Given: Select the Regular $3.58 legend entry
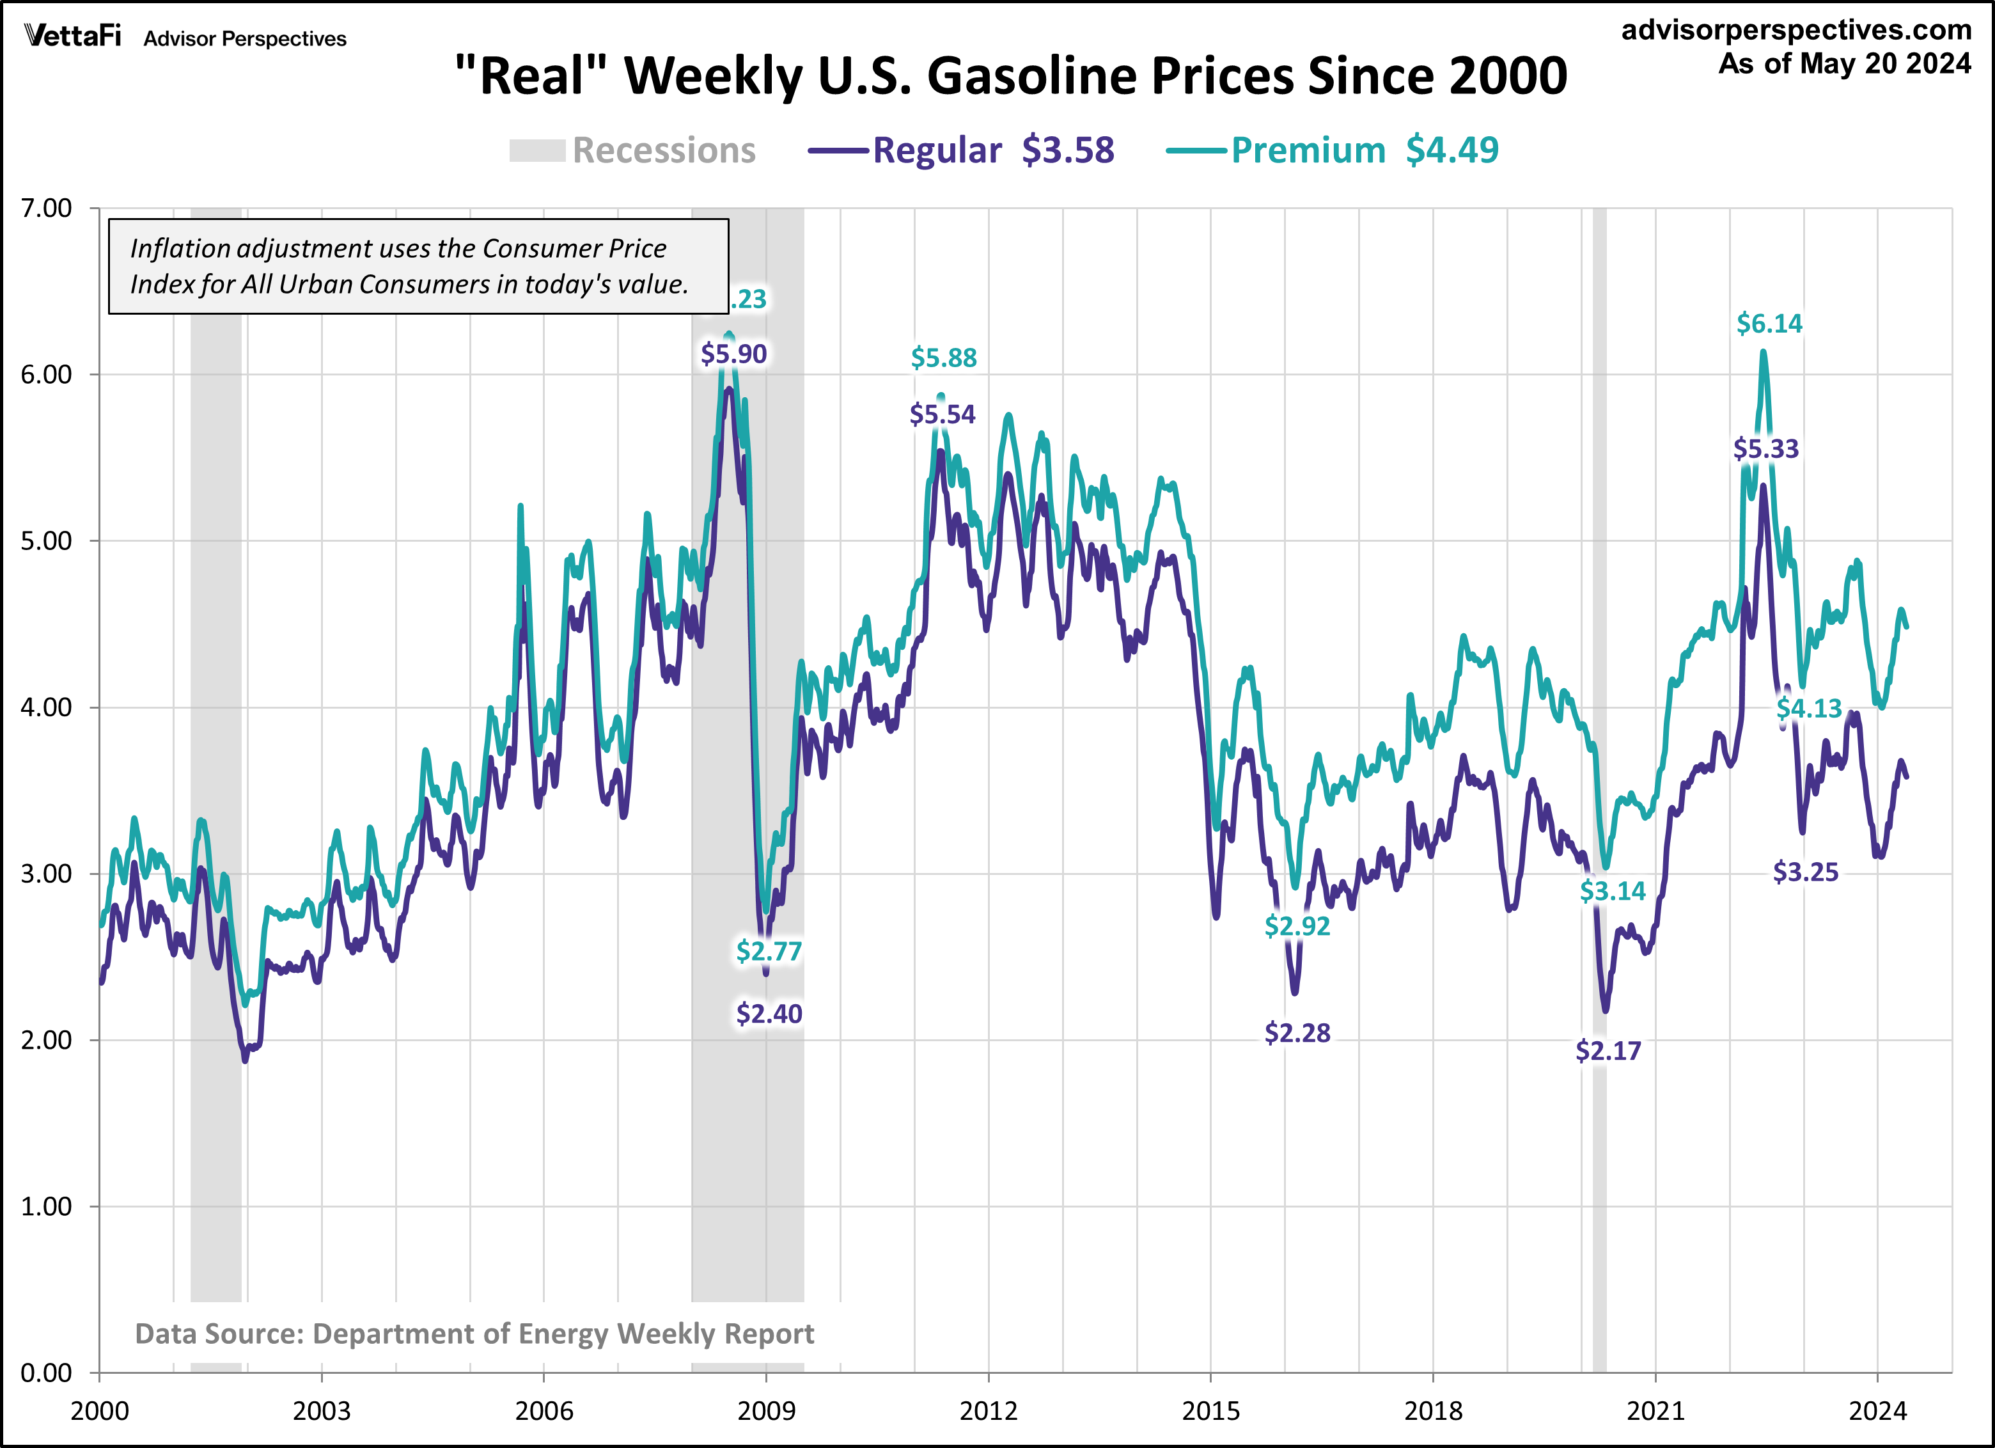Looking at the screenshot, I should click(962, 150).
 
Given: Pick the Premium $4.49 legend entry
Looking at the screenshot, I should click(1333, 150).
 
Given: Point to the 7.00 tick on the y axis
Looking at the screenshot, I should click(46, 209).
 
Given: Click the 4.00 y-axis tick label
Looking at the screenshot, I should click(46, 707).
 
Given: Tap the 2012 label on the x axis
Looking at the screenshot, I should click(988, 1411).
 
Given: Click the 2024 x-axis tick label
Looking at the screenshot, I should click(1877, 1411).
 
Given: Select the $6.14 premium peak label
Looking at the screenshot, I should click(1769, 324).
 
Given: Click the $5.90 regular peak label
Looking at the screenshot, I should click(733, 354).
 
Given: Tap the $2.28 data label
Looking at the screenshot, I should click(1297, 1033).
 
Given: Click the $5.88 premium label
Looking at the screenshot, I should click(944, 358).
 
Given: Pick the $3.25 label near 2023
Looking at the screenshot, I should click(1805, 872).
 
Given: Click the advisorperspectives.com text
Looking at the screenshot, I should click(1796, 30).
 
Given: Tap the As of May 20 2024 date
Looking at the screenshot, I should click(1845, 64).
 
